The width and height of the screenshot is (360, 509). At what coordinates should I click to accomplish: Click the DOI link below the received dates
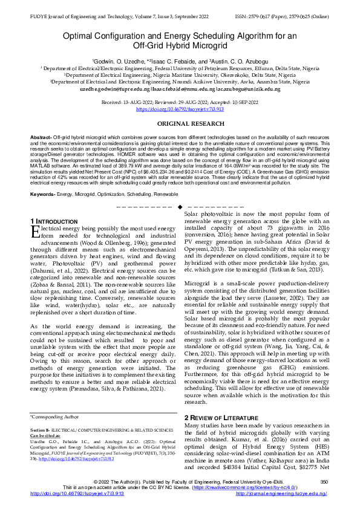(x=180, y=109)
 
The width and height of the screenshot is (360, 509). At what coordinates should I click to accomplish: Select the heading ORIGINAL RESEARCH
(x=180, y=123)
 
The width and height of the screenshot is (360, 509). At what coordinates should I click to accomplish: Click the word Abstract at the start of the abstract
(x=41, y=138)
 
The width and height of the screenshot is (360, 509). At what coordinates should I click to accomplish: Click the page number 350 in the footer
(x=324, y=482)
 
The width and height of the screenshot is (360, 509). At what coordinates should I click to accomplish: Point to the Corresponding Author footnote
(x=54, y=417)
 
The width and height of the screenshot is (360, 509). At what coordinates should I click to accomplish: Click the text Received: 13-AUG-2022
(x=128, y=103)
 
